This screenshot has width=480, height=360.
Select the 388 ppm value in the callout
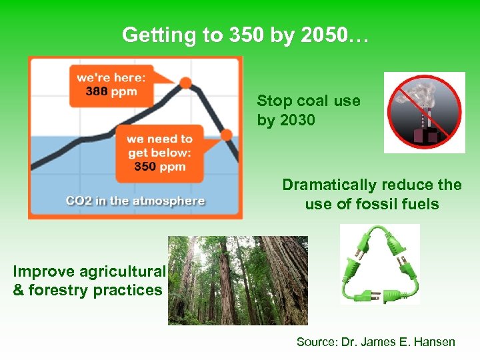107,92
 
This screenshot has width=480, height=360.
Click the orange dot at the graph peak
186,83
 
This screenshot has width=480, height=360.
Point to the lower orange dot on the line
226,135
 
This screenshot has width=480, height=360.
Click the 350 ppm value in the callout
159,167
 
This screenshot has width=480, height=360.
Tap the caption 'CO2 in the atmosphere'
135,201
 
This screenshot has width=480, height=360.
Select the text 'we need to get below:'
159,146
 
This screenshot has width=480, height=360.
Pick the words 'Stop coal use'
308,101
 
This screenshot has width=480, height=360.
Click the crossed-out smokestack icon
424,113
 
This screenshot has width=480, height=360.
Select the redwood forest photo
237,280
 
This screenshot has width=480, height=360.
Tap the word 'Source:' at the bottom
317,342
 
